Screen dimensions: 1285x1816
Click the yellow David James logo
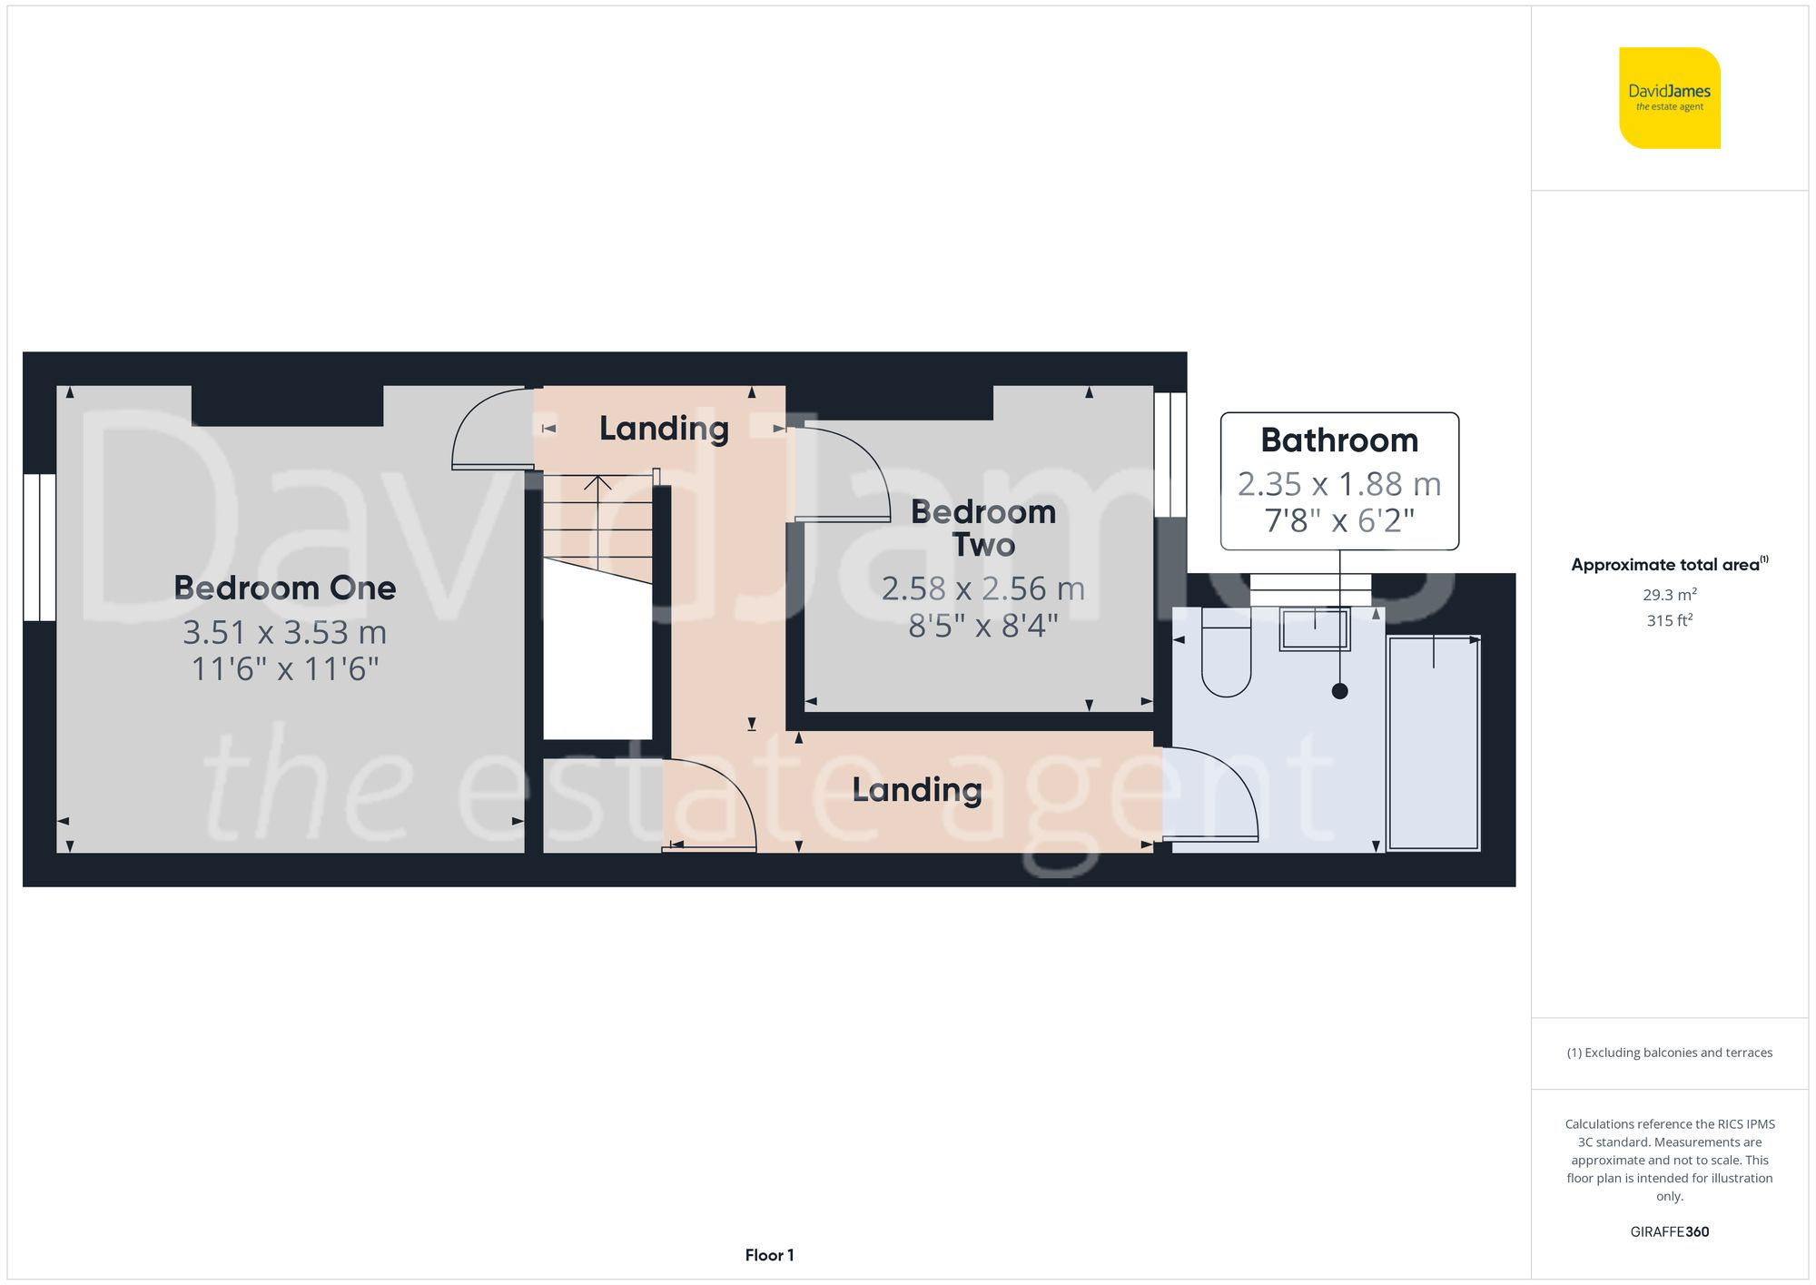(x=1669, y=98)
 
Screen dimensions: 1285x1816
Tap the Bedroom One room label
(x=284, y=588)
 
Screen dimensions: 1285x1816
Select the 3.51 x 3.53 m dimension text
(x=284, y=632)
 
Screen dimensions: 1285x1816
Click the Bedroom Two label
(x=983, y=528)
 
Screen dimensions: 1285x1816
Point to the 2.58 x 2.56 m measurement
(x=983, y=588)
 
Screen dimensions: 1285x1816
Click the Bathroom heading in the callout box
(x=1339, y=440)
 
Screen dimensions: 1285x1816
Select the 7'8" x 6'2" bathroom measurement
(x=1339, y=520)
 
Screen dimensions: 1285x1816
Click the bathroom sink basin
(x=1315, y=628)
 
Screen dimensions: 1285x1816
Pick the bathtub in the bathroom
(x=1434, y=743)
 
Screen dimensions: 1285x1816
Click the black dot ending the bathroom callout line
(x=1339, y=691)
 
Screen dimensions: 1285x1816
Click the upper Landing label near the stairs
(x=664, y=428)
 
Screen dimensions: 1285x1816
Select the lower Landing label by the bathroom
(x=916, y=789)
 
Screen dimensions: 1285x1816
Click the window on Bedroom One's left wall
(x=40, y=547)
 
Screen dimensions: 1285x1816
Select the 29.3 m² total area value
(x=1669, y=595)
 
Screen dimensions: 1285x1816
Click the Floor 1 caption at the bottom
(x=769, y=1255)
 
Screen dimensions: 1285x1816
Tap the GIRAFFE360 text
(x=1669, y=1231)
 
